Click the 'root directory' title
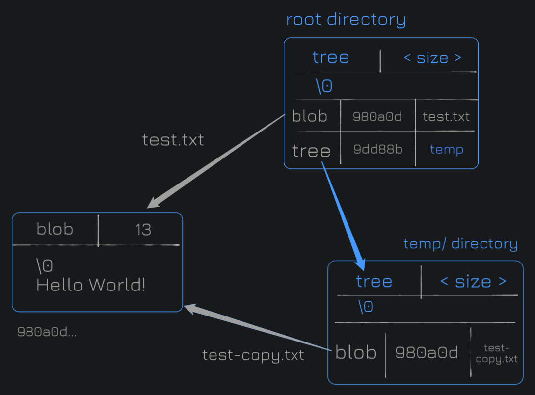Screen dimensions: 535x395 click(x=346, y=20)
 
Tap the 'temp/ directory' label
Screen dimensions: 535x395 click(x=460, y=244)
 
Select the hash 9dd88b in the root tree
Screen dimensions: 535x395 click(x=378, y=149)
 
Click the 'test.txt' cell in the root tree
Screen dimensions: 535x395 click(x=446, y=117)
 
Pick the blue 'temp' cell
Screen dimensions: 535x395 click(x=446, y=149)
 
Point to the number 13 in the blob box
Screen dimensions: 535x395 click(x=143, y=230)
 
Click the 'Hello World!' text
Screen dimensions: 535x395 click(x=91, y=285)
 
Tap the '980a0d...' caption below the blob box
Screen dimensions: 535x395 click(x=47, y=332)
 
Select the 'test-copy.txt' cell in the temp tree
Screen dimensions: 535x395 click(x=496, y=353)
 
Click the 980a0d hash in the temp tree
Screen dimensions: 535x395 click(x=427, y=352)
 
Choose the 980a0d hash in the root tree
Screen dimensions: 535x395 click(x=377, y=117)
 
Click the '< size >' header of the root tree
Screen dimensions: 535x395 click(x=432, y=57)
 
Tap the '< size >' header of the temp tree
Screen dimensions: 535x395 click(x=473, y=282)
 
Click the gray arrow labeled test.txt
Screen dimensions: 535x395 click(x=215, y=161)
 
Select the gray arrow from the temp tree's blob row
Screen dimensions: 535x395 click(x=257, y=327)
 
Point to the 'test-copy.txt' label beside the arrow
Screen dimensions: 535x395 click(x=253, y=355)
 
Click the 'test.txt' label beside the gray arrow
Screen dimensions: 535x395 click(x=173, y=140)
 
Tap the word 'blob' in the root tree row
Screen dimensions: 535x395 click(x=310, y=116)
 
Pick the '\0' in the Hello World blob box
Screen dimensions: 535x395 click(x=44, y=266)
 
